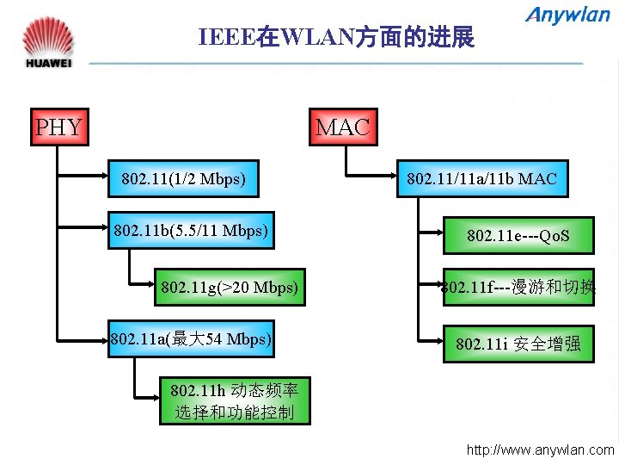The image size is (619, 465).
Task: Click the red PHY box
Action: click(x=58, y=127)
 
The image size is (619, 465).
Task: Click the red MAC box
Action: click(x=342, y=127)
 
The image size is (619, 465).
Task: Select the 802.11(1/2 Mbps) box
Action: click(x=184, y=179)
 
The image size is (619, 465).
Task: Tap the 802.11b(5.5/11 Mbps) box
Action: click(x=191, y=230)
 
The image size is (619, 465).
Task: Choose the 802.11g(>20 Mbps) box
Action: click(x=229, y=287)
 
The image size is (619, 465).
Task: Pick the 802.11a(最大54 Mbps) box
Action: click(x=191, y=338)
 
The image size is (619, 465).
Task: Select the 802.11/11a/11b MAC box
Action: click(x=481, y=179)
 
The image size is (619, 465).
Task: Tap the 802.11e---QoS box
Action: click(x=518, y=235)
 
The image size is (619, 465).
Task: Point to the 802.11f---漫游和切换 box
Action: click(x=518, y=287)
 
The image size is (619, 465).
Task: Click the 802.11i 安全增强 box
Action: click(x=518, y=344)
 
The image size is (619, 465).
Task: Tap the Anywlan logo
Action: click(x=567, y=15)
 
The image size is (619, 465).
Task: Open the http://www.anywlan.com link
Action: click(x=540, y=449)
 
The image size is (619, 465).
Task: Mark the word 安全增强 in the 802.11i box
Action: click(x=547, y=344)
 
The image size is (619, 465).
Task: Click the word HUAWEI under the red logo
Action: click(x=48, y=63)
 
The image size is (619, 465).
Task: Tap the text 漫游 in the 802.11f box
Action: click(x=528, y=287)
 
